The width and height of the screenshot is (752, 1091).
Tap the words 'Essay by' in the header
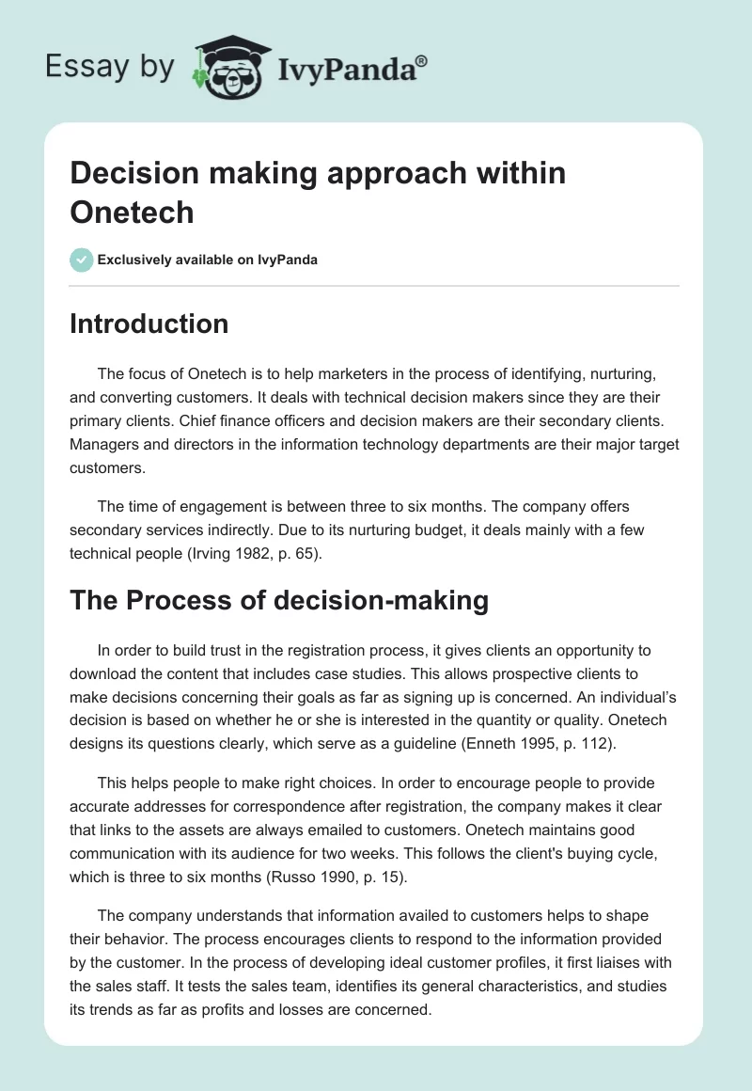point(111,67)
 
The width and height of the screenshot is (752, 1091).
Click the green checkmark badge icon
point(82,260)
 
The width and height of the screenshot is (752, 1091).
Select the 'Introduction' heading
point(149,324)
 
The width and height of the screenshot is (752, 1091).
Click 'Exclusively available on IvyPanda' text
point(208,260)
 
